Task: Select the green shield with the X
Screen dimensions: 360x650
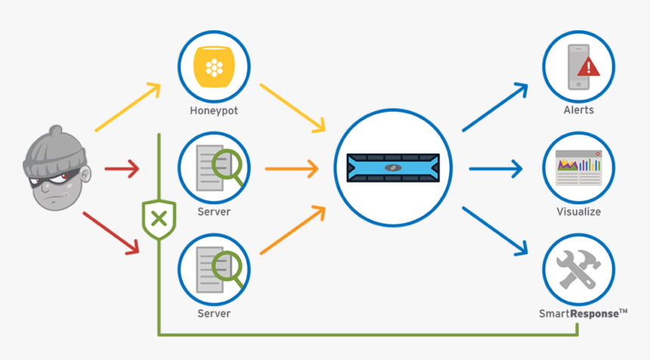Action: pyautogui.click(x=159, y=219)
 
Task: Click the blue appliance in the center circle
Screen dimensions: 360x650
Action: pyautogui.click(x=392, y=168)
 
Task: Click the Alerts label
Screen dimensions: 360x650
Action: pyautogui.click(x=578, y=110)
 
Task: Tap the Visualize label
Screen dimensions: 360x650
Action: pyautogui.click(x=578, y=212)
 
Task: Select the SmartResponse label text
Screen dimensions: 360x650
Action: pyautogui.click(x=583, y=312)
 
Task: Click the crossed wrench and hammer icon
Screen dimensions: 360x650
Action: pyautogui.click(x=578, y=268)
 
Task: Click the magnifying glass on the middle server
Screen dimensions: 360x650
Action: pyautogui.click(x=229, y=168)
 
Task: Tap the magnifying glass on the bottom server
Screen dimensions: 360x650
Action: pyautogui.click(x=229, y=268)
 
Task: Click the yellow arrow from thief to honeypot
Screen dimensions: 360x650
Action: pyautogui.click(x=128, y=107)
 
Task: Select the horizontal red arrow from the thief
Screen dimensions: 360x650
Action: pyautogui.click(x=122, y=168)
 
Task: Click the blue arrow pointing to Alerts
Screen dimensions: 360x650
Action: pyautogui.click(x=495, y=107)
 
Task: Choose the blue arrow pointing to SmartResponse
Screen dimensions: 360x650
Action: pyautogui.click(x=495, y=231)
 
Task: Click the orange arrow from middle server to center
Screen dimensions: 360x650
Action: pyautogui.click(x=290, y=168)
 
